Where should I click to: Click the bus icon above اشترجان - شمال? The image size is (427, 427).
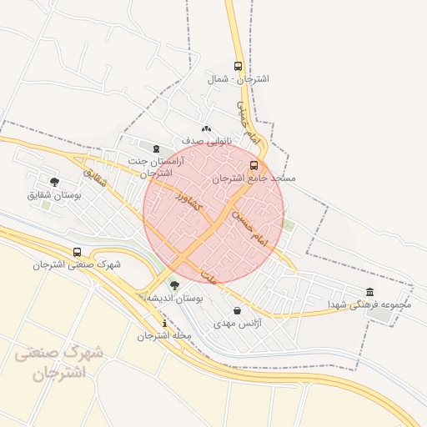point(238,67)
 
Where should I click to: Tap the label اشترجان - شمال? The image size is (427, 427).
point(239,79)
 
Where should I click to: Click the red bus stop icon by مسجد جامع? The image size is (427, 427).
point(254,164)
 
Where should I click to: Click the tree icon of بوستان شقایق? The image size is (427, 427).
point(54,182)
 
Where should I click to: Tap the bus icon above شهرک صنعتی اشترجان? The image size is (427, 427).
point(77,252)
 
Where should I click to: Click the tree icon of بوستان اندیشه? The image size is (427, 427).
point(174,285)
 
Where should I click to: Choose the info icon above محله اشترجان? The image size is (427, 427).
point(164,323)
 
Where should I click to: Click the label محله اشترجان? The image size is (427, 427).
point(164,336)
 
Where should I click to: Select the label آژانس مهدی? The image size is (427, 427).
point(238,323)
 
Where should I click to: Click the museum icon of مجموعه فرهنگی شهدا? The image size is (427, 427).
point(369,291)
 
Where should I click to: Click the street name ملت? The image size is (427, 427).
point(208,280)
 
